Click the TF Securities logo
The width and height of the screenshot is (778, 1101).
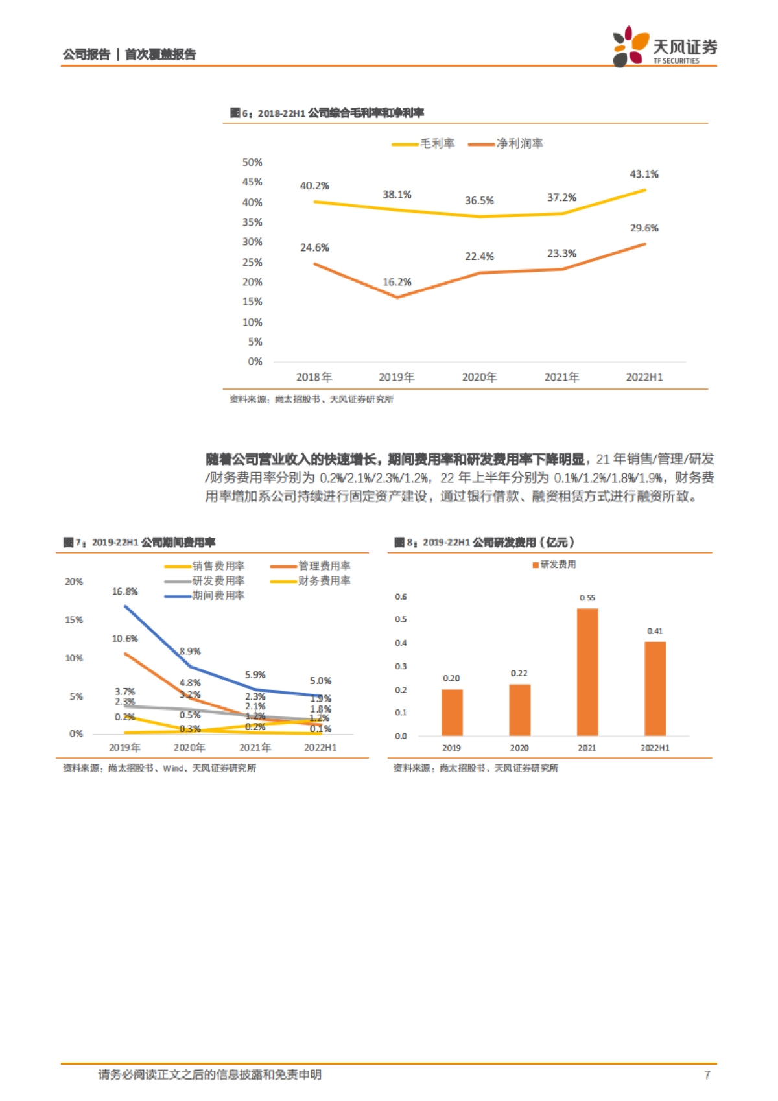point(664,47)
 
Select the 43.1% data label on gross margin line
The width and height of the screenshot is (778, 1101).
point(644,174)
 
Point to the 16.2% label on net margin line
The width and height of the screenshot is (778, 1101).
point(397,282)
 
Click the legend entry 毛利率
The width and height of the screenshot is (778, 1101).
point(424,144)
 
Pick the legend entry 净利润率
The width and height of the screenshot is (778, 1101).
point(506,144)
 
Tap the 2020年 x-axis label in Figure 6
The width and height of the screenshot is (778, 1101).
point(479,377)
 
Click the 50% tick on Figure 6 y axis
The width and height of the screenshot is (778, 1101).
point(252,162)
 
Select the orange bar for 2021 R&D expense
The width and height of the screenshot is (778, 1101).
point(587,672)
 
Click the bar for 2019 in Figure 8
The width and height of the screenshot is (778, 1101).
point(452,712)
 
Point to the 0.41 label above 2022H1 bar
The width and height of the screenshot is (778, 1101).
point(655,631)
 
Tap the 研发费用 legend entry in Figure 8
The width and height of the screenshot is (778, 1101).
point(554,565)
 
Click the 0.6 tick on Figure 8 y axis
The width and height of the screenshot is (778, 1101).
point(401,597)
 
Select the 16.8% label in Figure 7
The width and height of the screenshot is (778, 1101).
point(124,591)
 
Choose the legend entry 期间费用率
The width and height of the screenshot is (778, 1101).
point(205,595)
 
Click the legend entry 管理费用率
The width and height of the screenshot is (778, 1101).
point(311,566)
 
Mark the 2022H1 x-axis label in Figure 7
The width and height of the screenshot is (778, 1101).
point(320,748)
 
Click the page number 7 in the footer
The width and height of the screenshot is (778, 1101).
point(707,1074)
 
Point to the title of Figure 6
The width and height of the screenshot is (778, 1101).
point(327,113)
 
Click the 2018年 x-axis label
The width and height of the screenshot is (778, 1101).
point(314,377)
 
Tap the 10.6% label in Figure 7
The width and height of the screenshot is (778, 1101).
point(124,639)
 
